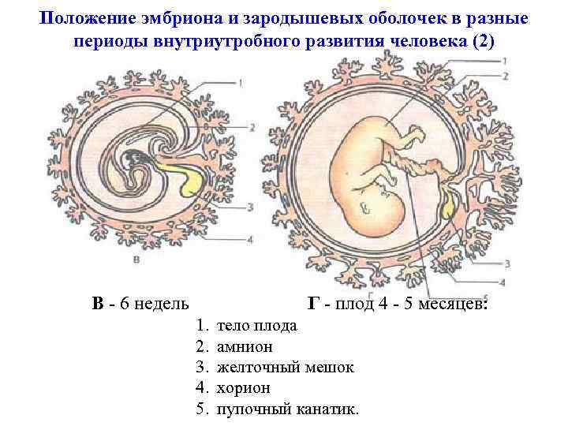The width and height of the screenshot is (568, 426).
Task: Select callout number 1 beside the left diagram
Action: [x=240, y=80]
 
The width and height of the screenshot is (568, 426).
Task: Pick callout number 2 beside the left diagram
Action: [x=250, y=127]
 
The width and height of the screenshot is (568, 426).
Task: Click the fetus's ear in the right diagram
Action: [x=365, y=207]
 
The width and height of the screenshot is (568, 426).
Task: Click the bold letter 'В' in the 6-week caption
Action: [x=97, y=304]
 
